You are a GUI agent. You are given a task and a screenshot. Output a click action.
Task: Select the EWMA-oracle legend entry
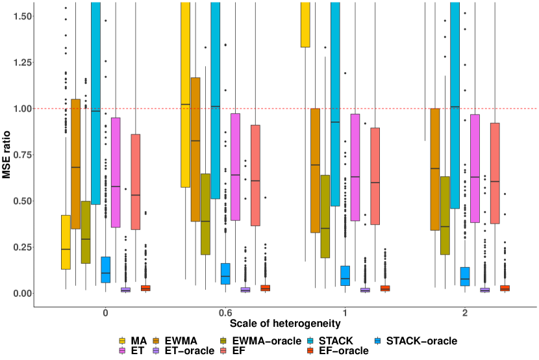pos(267,341)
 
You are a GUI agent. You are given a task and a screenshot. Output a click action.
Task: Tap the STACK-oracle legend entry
pos(421,341)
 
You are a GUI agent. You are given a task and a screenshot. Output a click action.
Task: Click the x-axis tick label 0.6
pos(225,313)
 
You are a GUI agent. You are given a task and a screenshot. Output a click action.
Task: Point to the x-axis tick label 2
pos(465,313)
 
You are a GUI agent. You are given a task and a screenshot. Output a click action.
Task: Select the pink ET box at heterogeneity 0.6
pos(236,167)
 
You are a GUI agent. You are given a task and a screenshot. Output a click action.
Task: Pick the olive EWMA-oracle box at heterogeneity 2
pos(445,215)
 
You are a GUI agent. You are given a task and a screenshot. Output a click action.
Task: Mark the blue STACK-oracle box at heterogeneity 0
pos(105,270)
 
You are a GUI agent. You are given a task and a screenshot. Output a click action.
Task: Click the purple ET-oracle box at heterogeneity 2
pos(485,290)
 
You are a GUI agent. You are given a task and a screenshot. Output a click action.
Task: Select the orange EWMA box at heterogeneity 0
pos(75,164)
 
